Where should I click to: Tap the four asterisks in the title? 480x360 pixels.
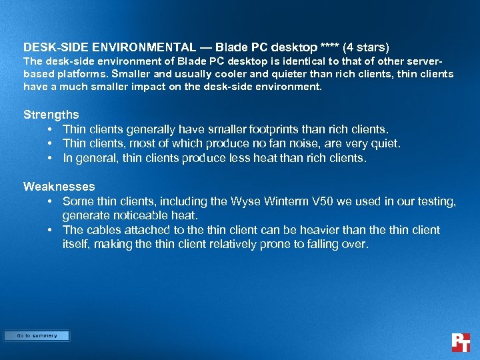click(329, 48)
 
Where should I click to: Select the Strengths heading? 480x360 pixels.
click(51, 115)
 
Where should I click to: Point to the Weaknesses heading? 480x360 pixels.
click(59, 187)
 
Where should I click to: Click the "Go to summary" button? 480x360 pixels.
click(37, 336)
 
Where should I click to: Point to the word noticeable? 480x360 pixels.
click(137, 215)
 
